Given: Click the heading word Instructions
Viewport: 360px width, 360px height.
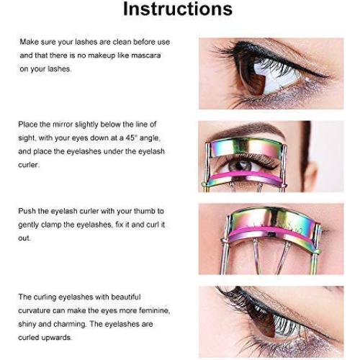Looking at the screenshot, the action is tap(178, 9).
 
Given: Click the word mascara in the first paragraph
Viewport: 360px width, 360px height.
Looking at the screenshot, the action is tap(146, 55).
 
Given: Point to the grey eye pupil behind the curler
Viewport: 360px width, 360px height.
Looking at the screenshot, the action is tap(240, 166).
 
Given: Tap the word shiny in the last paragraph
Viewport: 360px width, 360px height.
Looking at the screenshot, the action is tap(27, 324).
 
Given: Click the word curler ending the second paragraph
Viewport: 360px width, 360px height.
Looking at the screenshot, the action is tap(28, 165).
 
